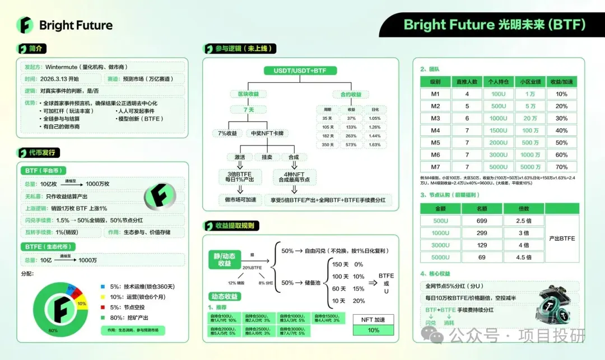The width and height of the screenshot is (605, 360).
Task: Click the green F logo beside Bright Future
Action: [25, 25]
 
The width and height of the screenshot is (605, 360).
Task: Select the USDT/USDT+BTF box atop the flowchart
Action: [296, 71]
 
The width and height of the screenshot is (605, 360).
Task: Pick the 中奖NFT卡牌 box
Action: [267, 133]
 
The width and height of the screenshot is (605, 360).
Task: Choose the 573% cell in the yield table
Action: [351, 144]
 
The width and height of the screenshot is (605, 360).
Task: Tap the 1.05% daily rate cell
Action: [375, 118]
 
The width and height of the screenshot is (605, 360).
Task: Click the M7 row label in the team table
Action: [435, 167]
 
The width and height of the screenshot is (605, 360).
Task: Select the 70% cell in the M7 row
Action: [561, 167]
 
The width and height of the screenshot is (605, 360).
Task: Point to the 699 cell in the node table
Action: [482, 221]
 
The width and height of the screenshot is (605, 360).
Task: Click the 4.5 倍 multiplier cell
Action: [524, 258]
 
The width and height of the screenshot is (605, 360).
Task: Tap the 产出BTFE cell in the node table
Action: [562, 239]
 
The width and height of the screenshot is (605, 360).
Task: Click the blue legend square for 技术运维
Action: [103, 286]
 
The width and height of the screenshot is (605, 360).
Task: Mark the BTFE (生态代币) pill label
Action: [50, 246]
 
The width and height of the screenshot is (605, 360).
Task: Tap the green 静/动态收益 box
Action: [225, 259]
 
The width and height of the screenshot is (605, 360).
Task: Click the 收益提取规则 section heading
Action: [236, 226]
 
